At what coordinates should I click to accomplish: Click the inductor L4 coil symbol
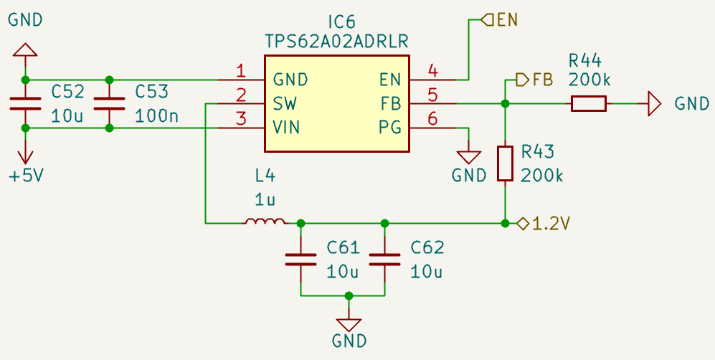265,221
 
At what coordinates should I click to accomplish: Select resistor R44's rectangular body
589,103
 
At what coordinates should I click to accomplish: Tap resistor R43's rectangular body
506,163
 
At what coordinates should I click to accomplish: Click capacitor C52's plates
26,104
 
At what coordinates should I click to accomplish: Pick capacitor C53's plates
109,104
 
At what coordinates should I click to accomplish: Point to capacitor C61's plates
300,260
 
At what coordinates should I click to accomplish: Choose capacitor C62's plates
384,260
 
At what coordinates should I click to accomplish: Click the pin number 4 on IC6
432,70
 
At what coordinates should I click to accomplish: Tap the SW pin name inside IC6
285,104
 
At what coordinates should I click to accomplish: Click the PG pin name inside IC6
390,128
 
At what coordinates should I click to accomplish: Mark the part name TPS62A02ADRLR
336,42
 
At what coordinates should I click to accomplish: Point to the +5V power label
27,175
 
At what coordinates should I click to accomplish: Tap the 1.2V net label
551,224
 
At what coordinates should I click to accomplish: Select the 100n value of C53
157,117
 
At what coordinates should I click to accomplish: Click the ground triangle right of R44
654,104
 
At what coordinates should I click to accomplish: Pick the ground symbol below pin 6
469,158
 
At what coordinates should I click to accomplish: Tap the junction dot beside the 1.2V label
506,223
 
